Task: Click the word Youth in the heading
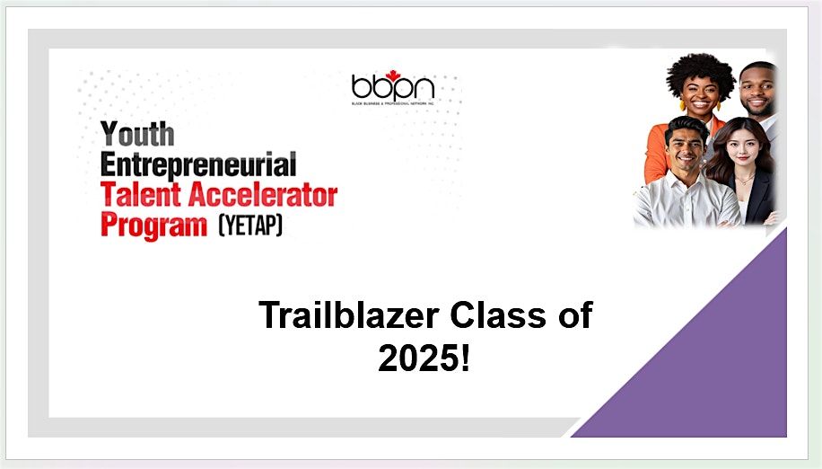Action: click(x=136, y=136)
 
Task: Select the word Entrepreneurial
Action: click(x=198, y=166)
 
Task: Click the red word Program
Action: click(x=153, y=224)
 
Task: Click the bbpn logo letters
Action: click(x=392, y=86)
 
